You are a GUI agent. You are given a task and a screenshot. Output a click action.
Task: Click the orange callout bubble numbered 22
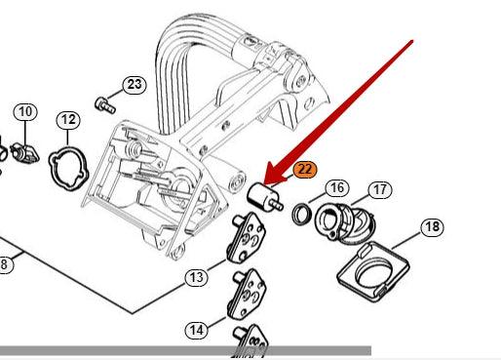[304, 170]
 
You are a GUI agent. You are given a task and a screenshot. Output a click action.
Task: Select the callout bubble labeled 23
[135, 85]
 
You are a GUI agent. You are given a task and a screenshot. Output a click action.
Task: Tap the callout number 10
[25, 112]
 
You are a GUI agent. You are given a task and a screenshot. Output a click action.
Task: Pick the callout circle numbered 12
[68, 120]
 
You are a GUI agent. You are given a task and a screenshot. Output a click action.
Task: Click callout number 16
[337, 187]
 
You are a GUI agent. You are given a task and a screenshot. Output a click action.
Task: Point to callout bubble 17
[380, 189]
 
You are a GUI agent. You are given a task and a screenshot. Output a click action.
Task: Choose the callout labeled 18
[433, 227]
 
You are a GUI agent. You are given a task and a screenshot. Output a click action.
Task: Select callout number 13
[196, 277]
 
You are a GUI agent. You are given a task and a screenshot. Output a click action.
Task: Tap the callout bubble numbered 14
[196, 330]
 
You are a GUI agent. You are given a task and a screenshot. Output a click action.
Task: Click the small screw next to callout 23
[105, 104]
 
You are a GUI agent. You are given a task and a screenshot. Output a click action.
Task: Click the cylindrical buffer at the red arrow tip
[264, 197]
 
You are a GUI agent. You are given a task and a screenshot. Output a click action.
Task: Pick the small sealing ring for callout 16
[302, 214]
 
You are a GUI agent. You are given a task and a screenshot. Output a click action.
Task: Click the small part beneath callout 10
[25, 153]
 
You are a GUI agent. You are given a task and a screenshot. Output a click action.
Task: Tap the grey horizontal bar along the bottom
[185, 350]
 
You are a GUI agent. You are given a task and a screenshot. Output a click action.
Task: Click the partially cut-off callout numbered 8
[5, 264]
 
